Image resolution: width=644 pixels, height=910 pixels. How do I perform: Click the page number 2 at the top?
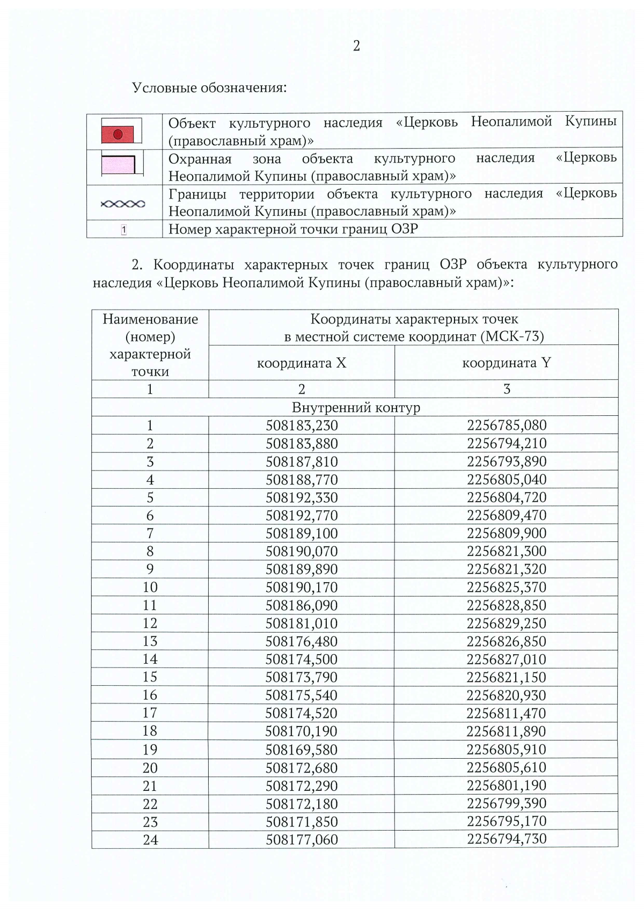[x=356, y=46]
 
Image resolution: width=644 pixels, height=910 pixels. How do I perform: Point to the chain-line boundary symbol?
[x=123, y=204]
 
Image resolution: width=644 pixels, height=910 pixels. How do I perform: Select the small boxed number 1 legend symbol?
[x=124, y=230]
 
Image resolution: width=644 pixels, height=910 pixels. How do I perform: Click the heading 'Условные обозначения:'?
[x=209, y=87]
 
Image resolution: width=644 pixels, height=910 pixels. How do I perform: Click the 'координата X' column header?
[x=302, y=363]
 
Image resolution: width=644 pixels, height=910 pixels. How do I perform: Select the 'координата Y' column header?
[x=506, y=363]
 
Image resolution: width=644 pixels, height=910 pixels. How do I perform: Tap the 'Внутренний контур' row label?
[x=356, y=408]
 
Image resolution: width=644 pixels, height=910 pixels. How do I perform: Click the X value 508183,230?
[x=302, y=426]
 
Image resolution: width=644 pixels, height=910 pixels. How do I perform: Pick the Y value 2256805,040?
[x=507, y=480]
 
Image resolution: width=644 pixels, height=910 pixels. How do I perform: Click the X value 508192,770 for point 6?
[x=302, y=516]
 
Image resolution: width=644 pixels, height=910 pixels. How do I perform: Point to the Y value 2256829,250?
[x=507, y=623]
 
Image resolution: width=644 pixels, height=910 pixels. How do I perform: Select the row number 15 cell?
[x=150, y=677]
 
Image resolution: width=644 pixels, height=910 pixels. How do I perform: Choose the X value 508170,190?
[x=302, y=731]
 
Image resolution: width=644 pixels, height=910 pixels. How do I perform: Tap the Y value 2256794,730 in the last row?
[x=507, y=839]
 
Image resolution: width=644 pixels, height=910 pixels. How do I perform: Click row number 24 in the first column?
[x=150, y=840]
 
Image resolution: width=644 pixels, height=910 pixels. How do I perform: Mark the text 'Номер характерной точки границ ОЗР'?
[x=293, y=230]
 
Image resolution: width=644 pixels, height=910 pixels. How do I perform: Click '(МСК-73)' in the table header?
[x=513, y=337]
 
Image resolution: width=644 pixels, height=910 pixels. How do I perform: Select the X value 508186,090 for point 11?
[x=302, y=606]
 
